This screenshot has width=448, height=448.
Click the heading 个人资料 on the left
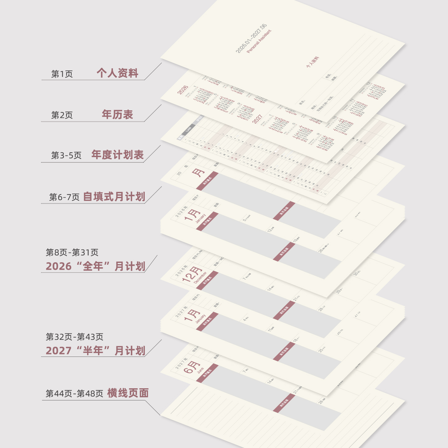[x=117, y=73]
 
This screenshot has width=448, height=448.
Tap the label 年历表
[x=117, y=114]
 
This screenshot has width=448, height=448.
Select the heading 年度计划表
[x=117, y=155]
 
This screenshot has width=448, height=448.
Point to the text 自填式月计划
[x=114, y=197]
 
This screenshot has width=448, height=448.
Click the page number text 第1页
[x=62, y=74]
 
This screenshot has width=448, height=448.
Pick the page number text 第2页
[x=62, y=115]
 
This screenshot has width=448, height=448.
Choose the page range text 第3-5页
[x=66, y=155]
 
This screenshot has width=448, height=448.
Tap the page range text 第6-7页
[x=64, y=197]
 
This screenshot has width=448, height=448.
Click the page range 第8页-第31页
[x=72, y=252]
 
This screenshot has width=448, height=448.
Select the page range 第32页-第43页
[x=75, y=337]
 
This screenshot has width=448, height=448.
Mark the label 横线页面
[x=128, y=393]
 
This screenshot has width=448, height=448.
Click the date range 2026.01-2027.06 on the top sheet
[x=251, y=38]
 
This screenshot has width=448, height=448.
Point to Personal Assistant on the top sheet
[x=259, y=41]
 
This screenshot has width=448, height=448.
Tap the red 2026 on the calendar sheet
[x=183, y=90]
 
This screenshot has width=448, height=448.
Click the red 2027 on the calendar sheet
[x=257, y=119]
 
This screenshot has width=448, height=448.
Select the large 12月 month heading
[x=192, y=274]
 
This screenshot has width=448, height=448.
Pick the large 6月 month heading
[x=191, y=367]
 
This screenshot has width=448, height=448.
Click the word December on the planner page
[x=200, y=278]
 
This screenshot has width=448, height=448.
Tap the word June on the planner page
[x=200, y=370]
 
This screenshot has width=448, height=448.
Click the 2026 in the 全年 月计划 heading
[x=59, y=266]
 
